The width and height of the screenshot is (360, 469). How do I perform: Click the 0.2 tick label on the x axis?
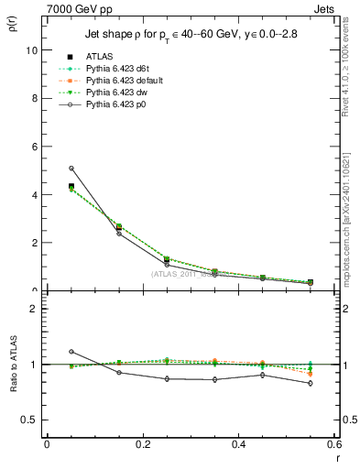coord(142,444)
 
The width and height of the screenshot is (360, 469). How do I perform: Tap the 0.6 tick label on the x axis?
coord(334,444)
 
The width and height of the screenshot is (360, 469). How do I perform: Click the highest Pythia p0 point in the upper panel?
coord(71,168)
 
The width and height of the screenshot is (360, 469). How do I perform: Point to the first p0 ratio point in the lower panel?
coord(71,352)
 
